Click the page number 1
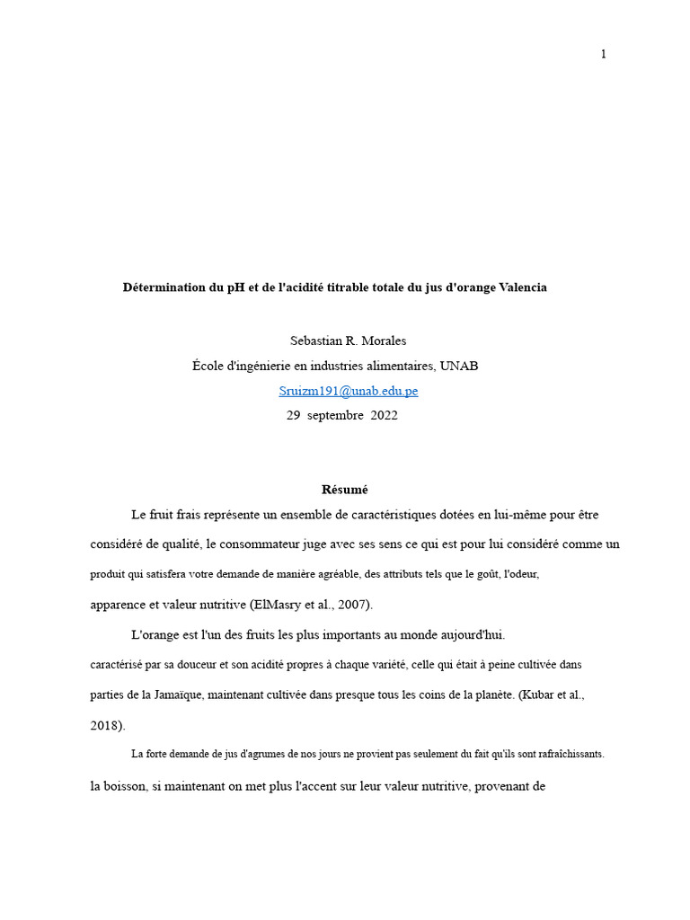click(604, 54)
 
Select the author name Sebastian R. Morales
click(349, 341)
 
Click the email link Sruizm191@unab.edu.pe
click(349, 391)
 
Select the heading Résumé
click(345, 490)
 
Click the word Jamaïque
click(181, 694)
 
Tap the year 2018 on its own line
click(106, 725)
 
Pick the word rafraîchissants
click(564, 755)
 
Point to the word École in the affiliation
click(210, 366)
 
